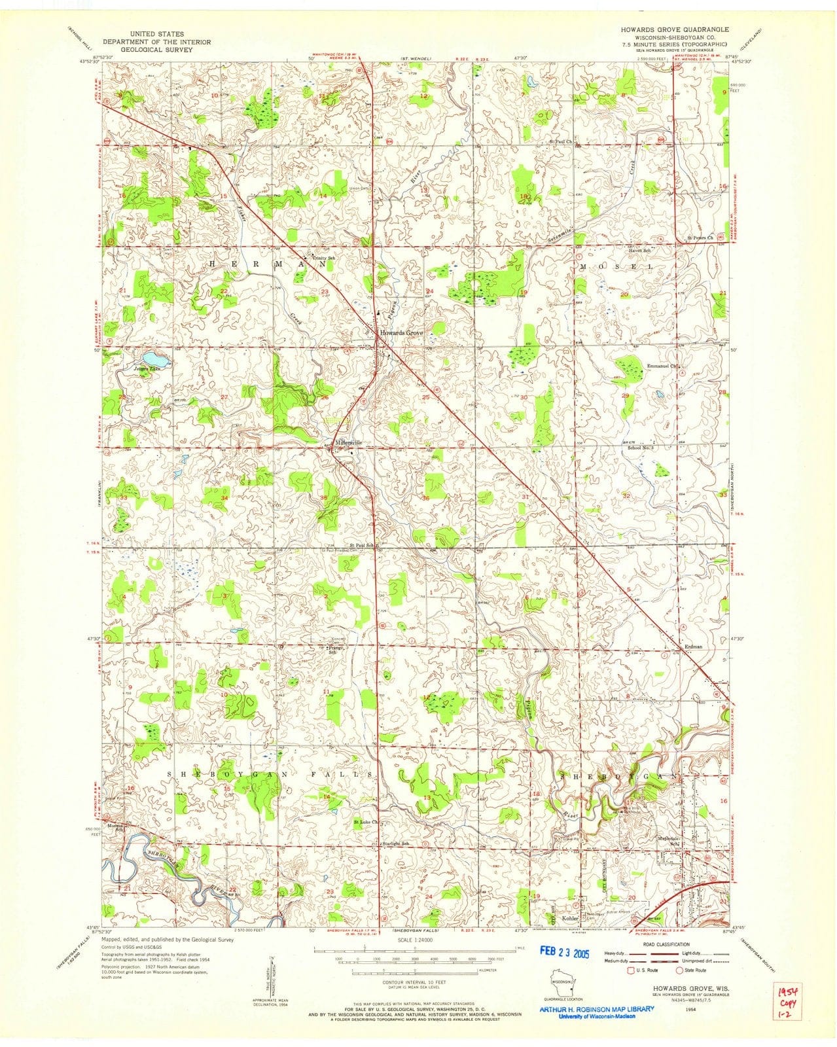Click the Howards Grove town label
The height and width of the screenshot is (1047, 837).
[402, 333]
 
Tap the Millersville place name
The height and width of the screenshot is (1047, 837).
[349, 442]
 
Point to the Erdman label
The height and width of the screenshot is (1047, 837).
[693, 647]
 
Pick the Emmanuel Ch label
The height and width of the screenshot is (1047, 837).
[664, 366]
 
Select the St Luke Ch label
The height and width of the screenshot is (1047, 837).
[366, 822]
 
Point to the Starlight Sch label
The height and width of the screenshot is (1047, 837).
[396, 843]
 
